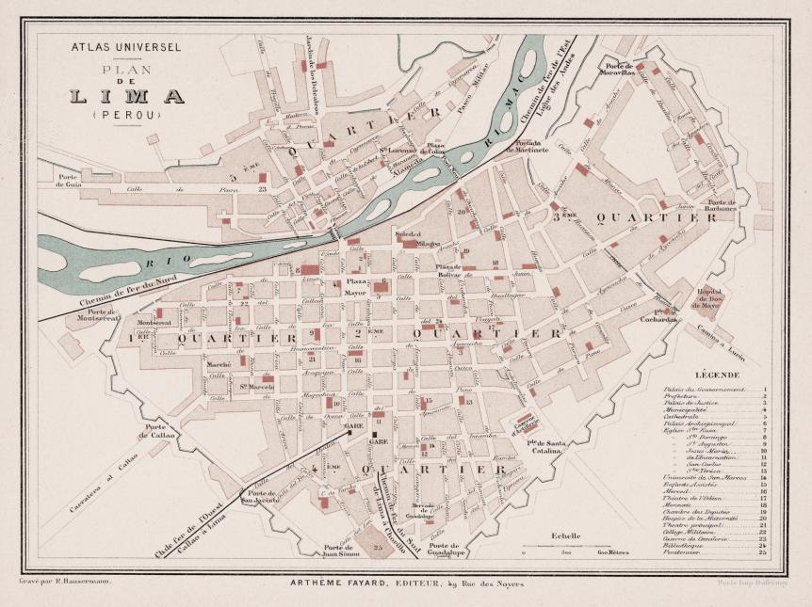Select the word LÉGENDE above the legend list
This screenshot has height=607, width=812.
tap(718, 375)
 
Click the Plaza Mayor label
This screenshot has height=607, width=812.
tap(356, 287)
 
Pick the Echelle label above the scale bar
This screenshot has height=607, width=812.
tap(567, 535)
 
